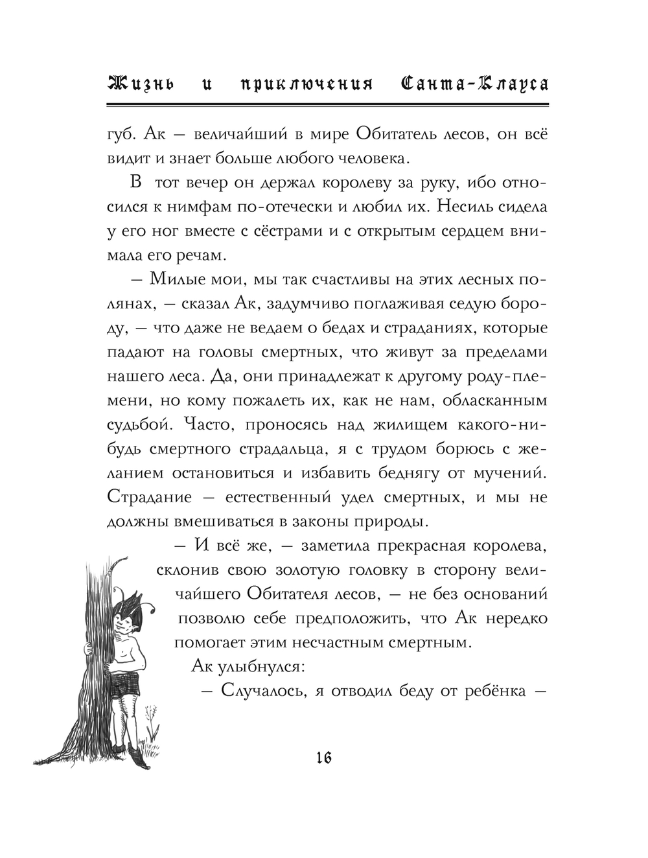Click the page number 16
tap(323, 756)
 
